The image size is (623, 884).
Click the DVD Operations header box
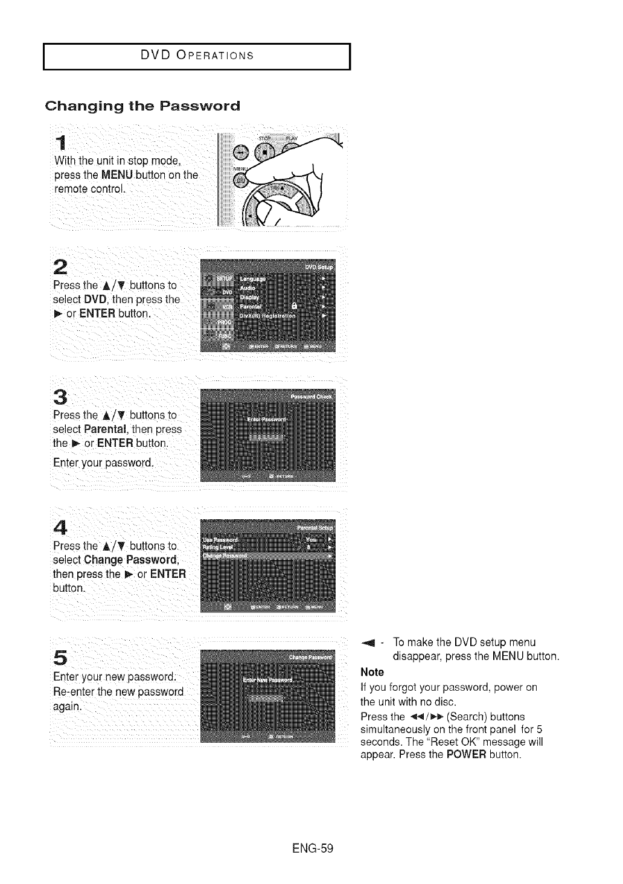(197, 57)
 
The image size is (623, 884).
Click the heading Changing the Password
(142, 106)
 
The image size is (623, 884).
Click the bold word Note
(372, 672)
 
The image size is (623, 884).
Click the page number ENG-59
(311, 848)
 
